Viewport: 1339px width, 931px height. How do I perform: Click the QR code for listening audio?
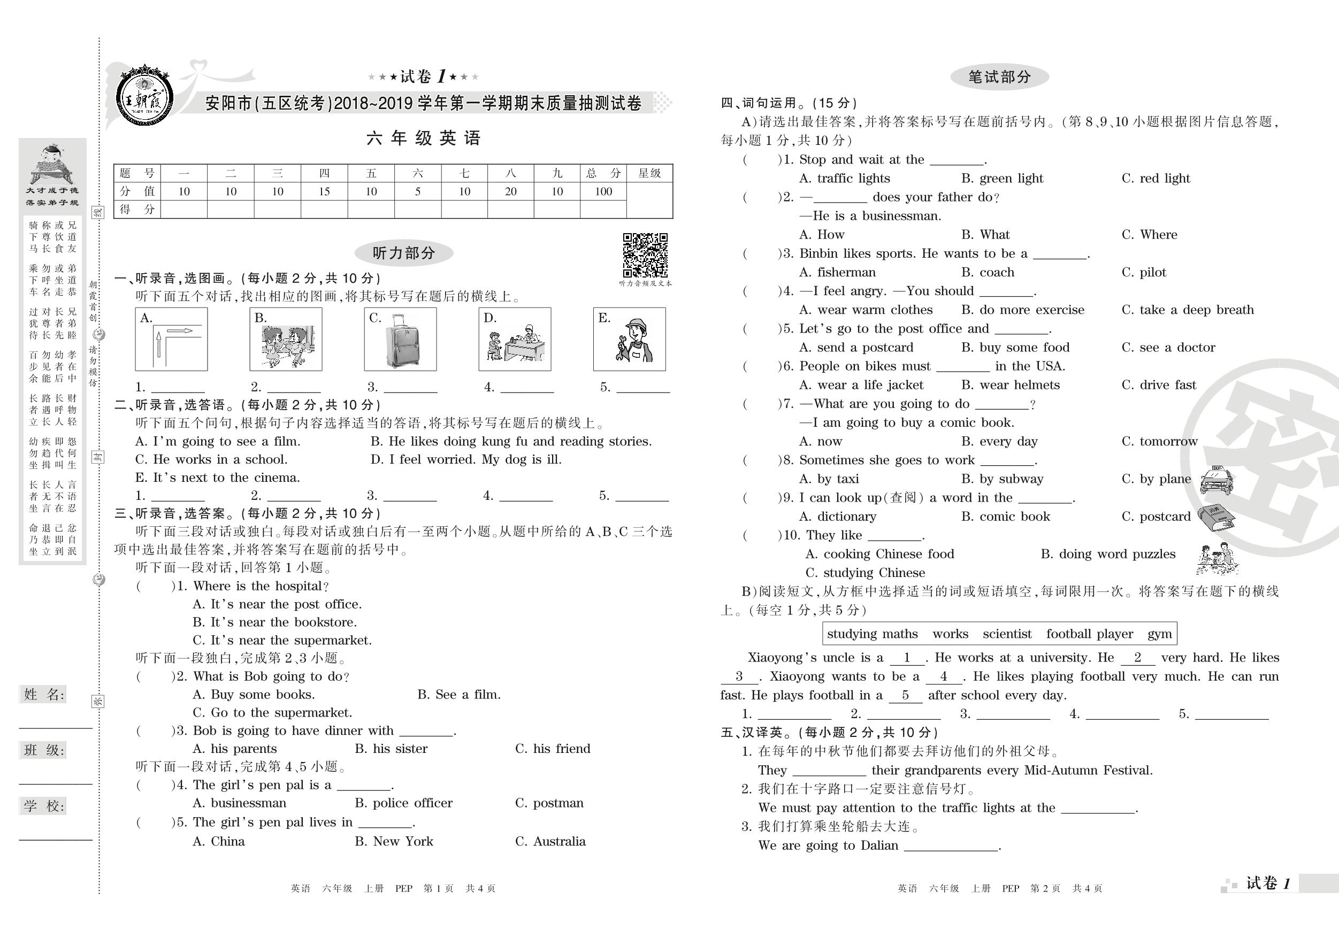pos(645,255)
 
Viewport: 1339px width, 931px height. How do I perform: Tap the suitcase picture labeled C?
pos(400,339)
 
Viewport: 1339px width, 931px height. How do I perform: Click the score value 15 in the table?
pos(324,191)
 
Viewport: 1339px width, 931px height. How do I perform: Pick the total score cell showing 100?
pos(603,191)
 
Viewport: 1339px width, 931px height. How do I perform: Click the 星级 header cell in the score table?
pos(649,173)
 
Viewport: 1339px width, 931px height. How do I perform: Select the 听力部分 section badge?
pos(403,253)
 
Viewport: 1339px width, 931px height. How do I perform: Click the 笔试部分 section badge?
pos(1000,77)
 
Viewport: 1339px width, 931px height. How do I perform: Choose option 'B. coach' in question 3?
pos(988,272)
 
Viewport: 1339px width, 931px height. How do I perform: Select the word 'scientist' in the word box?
pos(1007,634)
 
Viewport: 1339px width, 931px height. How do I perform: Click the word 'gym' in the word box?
pos(1159,634)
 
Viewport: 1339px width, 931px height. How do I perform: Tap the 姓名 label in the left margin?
pos(44,694)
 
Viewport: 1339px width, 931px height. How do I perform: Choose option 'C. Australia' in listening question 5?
pos(550,841)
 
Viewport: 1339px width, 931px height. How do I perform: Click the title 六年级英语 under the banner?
pos(423,138)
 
